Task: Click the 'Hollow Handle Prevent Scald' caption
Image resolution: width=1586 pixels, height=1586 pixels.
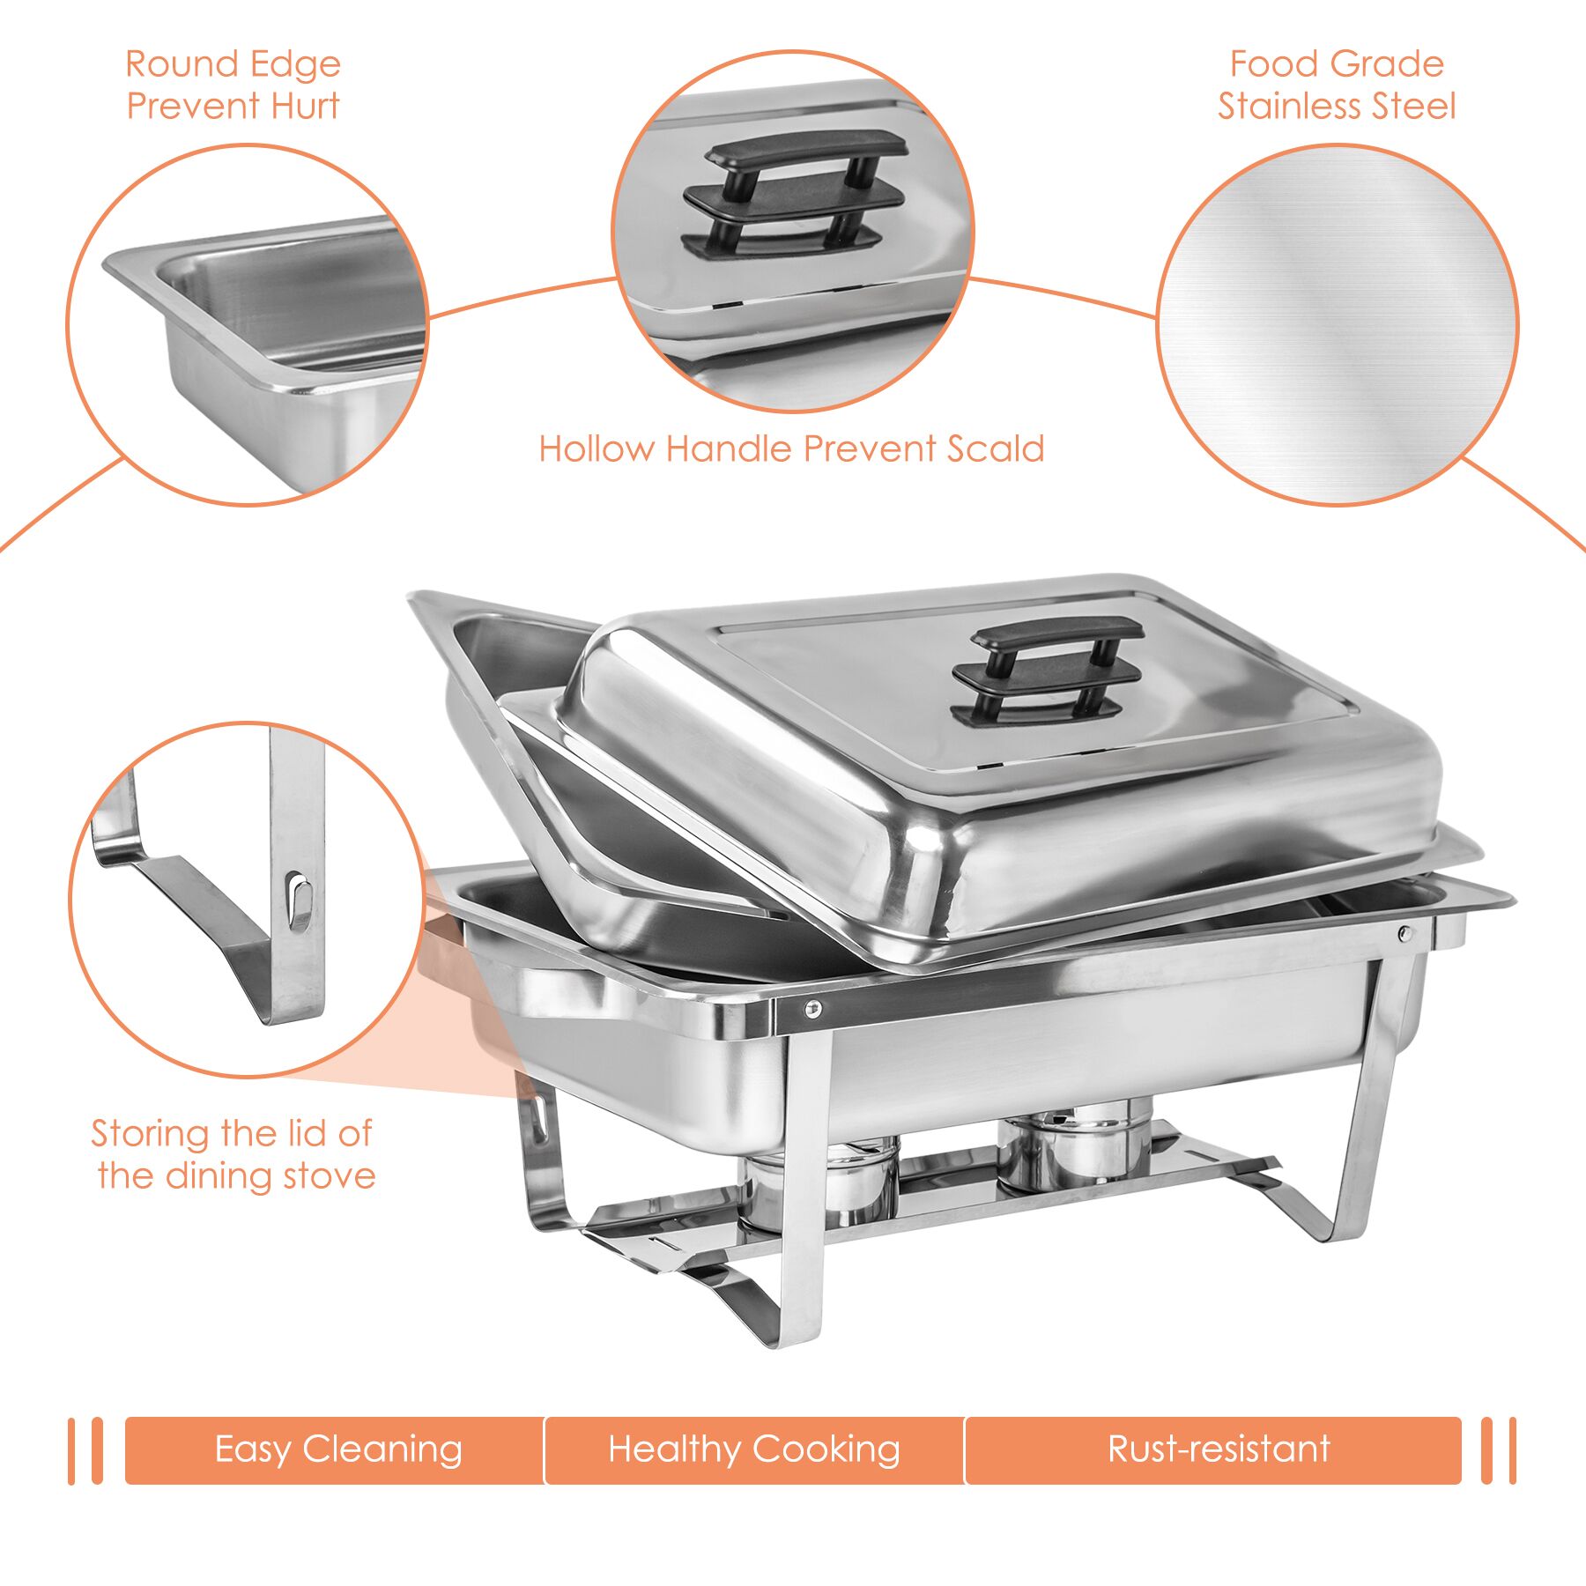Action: [791, 449]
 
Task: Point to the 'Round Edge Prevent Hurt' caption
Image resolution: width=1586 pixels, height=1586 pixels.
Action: [233, 85]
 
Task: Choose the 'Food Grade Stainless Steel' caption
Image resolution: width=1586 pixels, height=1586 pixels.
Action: [1337, 85]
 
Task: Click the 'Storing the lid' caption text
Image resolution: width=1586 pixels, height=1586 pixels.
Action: [233, 1154]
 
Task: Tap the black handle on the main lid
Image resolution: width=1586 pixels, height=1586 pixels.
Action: [1049, 670]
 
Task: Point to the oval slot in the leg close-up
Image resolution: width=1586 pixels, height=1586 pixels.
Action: [300, 900]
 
